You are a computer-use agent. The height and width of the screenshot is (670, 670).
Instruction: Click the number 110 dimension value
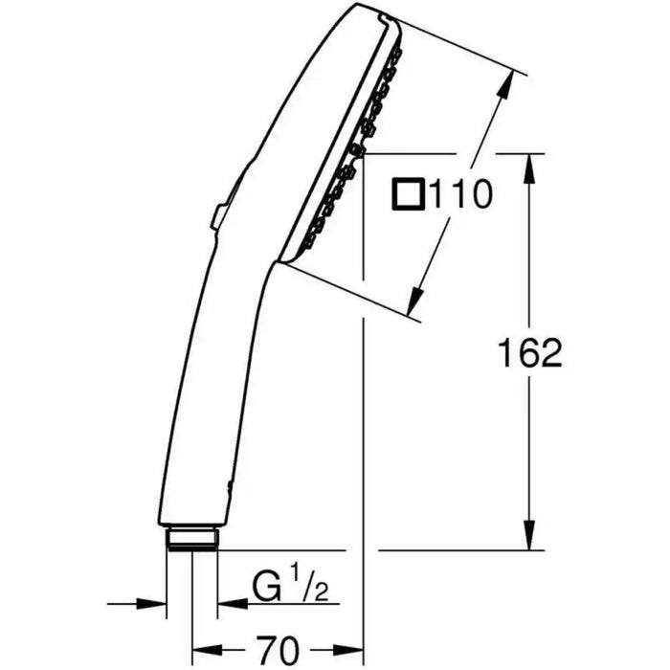tap(459, 195)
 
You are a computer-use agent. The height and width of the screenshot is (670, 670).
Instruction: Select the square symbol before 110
tap(407, 195)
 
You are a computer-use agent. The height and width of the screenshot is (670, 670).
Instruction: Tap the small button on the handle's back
tap(217, 216)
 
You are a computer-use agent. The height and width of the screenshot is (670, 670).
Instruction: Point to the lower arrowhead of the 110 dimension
tap(413, 303)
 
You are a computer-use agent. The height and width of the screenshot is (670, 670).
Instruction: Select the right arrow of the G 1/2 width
tap(228, 604)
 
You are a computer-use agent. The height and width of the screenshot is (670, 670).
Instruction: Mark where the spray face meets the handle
tap(278, 260)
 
